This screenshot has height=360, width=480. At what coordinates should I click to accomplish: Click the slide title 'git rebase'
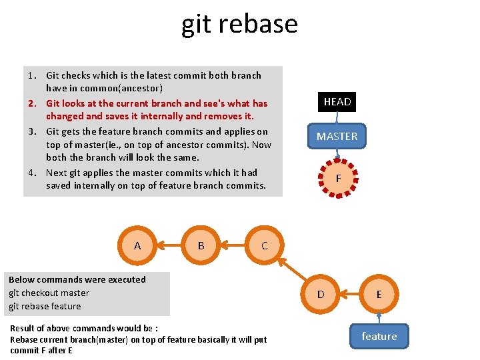(239, 24)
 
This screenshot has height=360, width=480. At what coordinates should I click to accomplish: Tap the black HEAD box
(337, 102)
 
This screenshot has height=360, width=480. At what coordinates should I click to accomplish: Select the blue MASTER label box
(337, 136)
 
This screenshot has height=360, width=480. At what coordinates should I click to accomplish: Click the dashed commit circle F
(339, 178)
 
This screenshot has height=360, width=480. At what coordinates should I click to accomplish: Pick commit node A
(137, 245)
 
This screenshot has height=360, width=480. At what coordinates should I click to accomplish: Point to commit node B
(201, 245)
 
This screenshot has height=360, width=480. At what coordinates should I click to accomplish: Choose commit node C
(264, 245)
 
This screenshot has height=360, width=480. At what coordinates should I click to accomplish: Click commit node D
(321, 294)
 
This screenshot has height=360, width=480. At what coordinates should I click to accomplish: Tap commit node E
(379, 294)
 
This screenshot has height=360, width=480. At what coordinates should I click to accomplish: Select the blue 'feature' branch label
(379, 336)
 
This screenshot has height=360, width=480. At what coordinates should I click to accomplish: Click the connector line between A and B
(169, 245)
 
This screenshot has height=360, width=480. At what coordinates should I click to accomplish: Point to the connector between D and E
(350, 294)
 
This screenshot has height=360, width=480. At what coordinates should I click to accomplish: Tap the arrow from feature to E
(379, 317)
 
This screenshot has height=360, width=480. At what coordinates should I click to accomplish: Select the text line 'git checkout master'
(49, 293)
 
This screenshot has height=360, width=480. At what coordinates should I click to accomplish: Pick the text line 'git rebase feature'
(45, 306)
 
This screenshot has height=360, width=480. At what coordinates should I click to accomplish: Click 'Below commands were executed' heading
(77, 279)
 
